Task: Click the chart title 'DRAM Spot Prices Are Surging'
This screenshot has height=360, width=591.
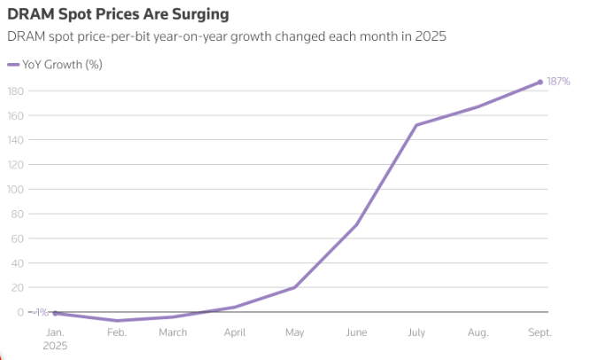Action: click(118, 15)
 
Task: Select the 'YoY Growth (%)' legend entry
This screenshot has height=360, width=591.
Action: click(61, 65)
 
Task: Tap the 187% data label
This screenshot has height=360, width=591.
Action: click(558, 82)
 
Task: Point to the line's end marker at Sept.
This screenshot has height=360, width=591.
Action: click(540, 82)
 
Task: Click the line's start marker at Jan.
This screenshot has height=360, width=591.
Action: click(55, 313)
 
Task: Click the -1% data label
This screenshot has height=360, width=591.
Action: click(39, 312)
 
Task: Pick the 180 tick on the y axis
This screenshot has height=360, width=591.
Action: click(14, 90)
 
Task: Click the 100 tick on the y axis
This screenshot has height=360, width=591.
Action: click(14, 189)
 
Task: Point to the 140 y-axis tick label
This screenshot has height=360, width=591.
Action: click(14, 140)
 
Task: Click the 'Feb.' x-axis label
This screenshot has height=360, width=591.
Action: click(116, 333)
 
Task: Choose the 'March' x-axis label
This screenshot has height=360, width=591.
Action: click(173, 333)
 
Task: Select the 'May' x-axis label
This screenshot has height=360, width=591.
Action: click(295, 333)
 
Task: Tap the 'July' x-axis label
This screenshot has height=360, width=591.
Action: click(416, 333)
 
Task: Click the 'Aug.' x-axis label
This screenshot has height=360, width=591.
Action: click(478, 333)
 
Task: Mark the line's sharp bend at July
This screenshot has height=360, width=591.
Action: click(416, 125)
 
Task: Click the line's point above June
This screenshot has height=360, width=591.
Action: click(356, 224)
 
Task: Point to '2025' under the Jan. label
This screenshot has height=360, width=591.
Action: click(55, 346)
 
